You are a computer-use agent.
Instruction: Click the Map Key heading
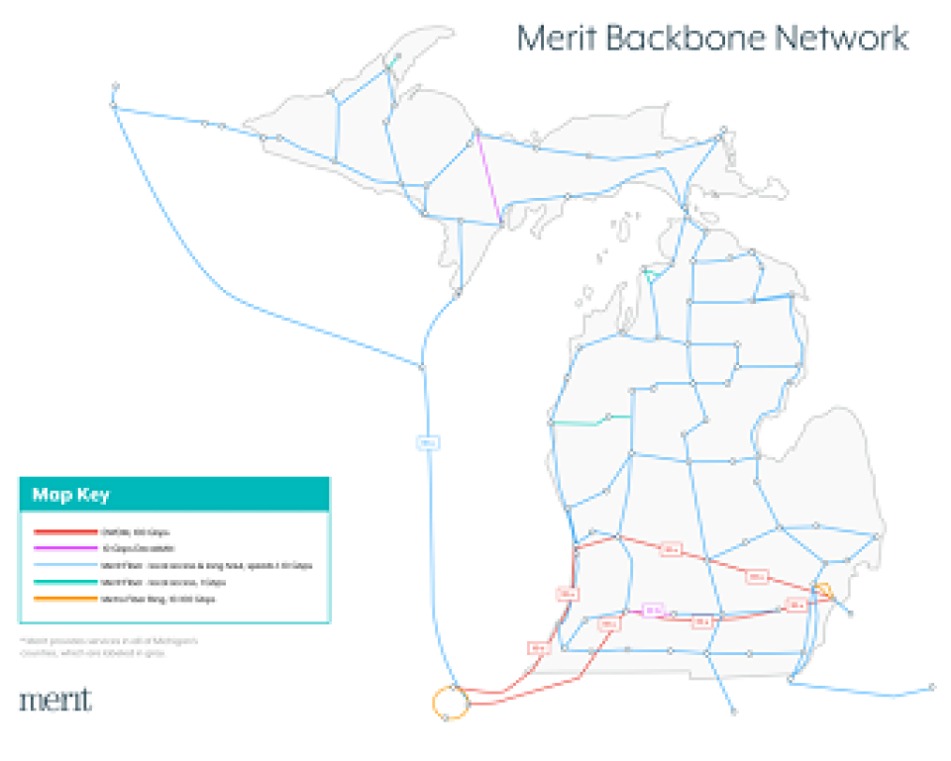pyautogui.click(x=70, y=495)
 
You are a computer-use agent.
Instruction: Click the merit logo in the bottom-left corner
pyautogui.click(x=55, y=700)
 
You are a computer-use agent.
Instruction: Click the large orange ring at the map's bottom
pyautogui.click(x=449, y=703)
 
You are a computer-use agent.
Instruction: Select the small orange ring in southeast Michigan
pyautogui.click(x=824, y=591)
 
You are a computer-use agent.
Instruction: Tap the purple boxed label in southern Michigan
pyautogui.click(x=651, y=611)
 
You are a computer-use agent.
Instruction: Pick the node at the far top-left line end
pyautogui.click(x=116, y=86)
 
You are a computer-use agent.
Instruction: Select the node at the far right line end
pyautogui.click(x=932, y=687)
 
